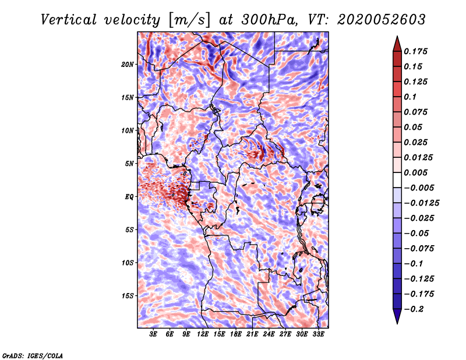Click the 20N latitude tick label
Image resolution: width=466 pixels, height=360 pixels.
pyautogui.click(x=128, y=64)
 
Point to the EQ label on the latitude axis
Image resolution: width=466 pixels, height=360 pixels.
pyautogui.click(x=129, y=197)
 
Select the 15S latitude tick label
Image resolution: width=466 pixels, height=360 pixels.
pyautogui.click(x=128, y=296)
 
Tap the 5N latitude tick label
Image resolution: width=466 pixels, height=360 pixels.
pyautogui.click(x=129, y=164)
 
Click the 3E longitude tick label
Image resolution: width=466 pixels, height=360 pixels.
pyautogui.click(x=154, y=334)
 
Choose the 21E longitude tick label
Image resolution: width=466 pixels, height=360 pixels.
pyautogui.click(x=252, y=334)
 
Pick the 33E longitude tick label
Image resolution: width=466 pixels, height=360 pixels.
pyautogui.click(x=318, y=334)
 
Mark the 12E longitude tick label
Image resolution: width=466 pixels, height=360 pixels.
pyautogui.click(x=203, y=334)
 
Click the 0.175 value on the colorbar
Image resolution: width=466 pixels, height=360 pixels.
pyautogui.click(x=417, y=51)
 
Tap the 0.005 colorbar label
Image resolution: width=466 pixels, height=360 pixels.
pyautogui.click(x=417, y=172)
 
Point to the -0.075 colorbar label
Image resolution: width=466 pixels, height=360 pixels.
pyautogui.click(x=419, y=248)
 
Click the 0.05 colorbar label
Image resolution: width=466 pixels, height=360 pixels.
pyautogui.click(x=414, y=127)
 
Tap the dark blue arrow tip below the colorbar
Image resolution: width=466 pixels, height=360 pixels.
pyautogui.click(x=397, y=319)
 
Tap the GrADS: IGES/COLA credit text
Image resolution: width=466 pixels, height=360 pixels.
pyautogui.click(x=32, y=355)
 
